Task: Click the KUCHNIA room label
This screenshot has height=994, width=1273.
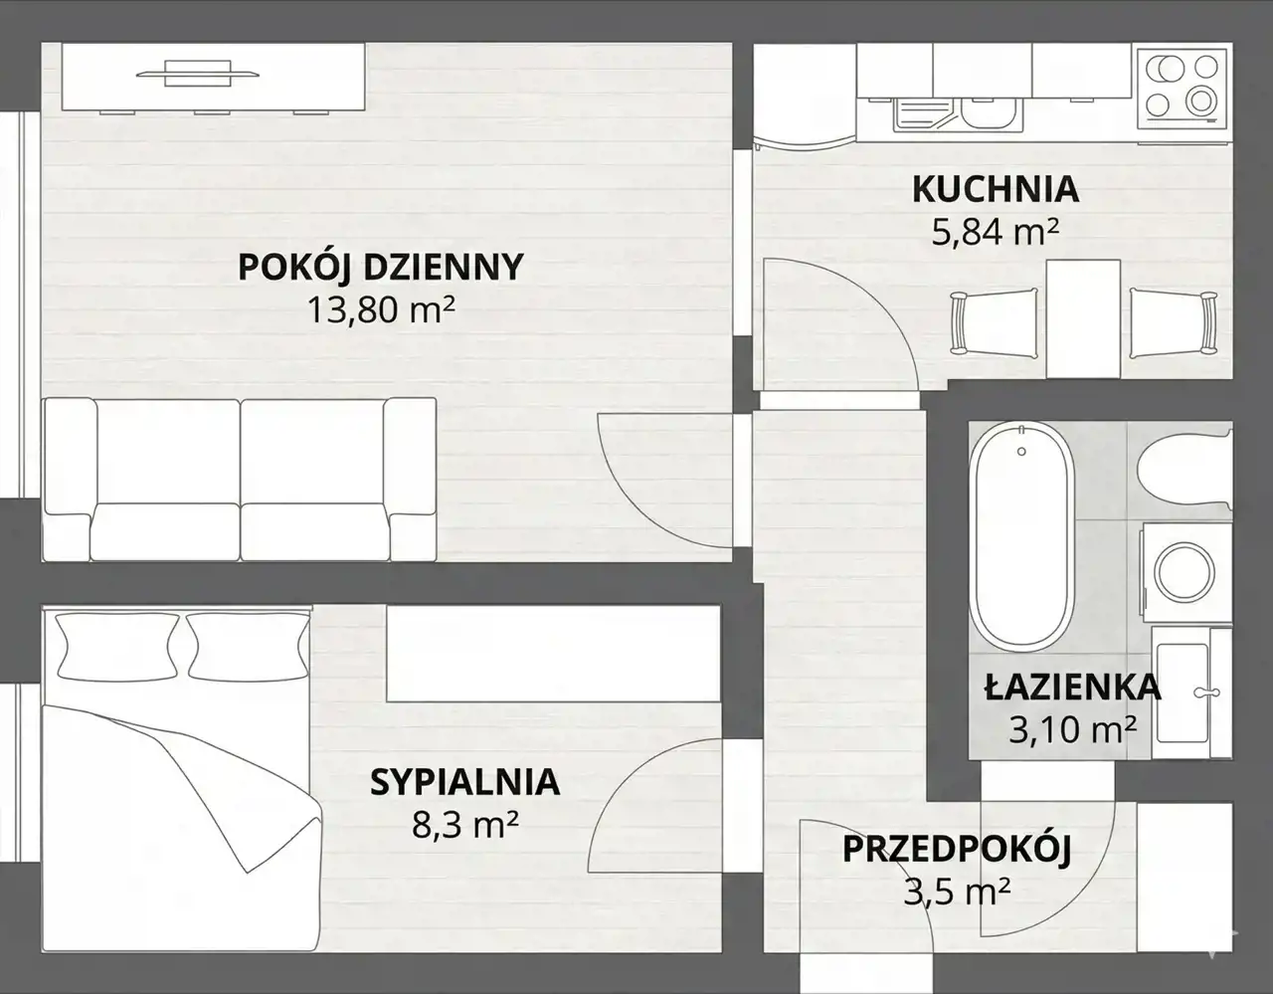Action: pos(996,189)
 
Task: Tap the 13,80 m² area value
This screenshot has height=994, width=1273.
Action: pos(381,310)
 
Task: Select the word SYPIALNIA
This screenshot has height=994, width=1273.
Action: pos(465,782)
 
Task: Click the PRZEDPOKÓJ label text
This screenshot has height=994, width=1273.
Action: pos(957,850)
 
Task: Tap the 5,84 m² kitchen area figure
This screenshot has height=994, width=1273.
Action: pos(996,232)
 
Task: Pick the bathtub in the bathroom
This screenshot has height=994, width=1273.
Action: pos(1021,537)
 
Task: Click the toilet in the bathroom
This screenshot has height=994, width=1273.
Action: pos(1184,471)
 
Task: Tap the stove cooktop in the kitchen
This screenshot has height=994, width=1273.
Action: pos(1182,88)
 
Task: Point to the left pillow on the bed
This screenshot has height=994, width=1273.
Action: pos(117,647)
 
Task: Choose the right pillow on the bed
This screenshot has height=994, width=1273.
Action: pos(248,647)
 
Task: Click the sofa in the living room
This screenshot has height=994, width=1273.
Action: pos(239,480)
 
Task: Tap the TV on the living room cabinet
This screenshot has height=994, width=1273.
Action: pos(198,74)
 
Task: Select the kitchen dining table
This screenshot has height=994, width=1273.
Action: pos(1083,318)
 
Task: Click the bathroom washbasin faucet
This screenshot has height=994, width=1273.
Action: pos(1206,693)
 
